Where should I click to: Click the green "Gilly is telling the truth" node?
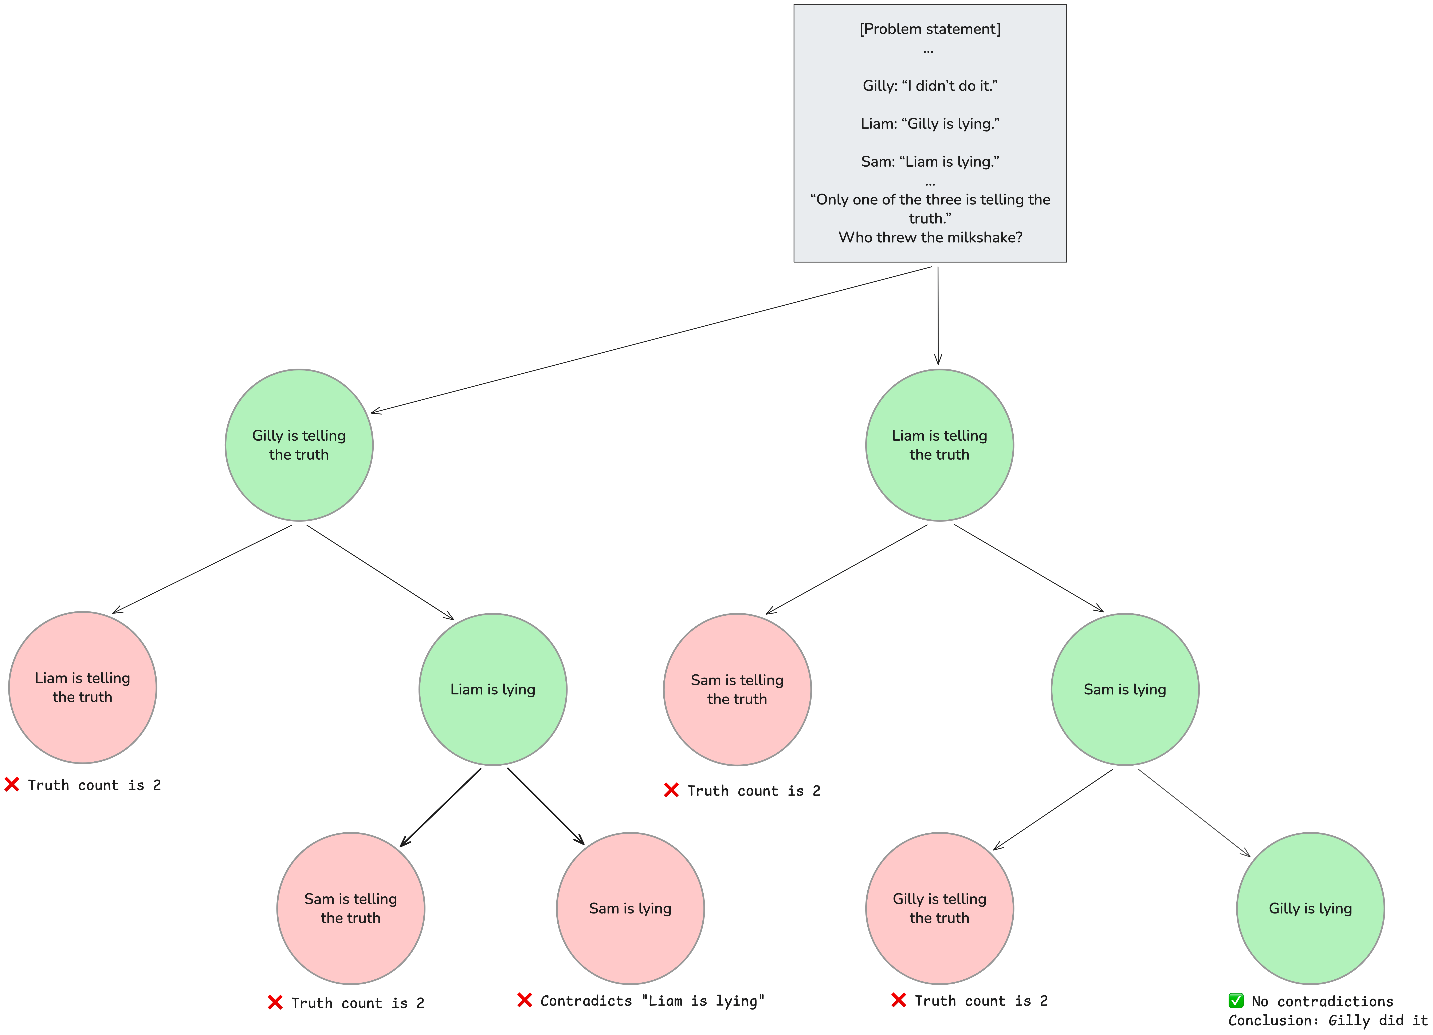click(299, 445)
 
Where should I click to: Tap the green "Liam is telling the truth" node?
click(939, 445)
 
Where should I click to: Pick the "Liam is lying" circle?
click(493, 690)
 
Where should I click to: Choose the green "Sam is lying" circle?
click(1125, 690)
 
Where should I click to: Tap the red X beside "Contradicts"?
click(525, 1000)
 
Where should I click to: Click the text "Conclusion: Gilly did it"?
click(1328, 1020)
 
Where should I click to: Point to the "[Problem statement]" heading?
click(930, 29)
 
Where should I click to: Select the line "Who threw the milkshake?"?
click(930, 237)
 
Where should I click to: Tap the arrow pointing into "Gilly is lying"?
click(1194, 813)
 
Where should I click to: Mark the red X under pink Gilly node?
click(898, 1000)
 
